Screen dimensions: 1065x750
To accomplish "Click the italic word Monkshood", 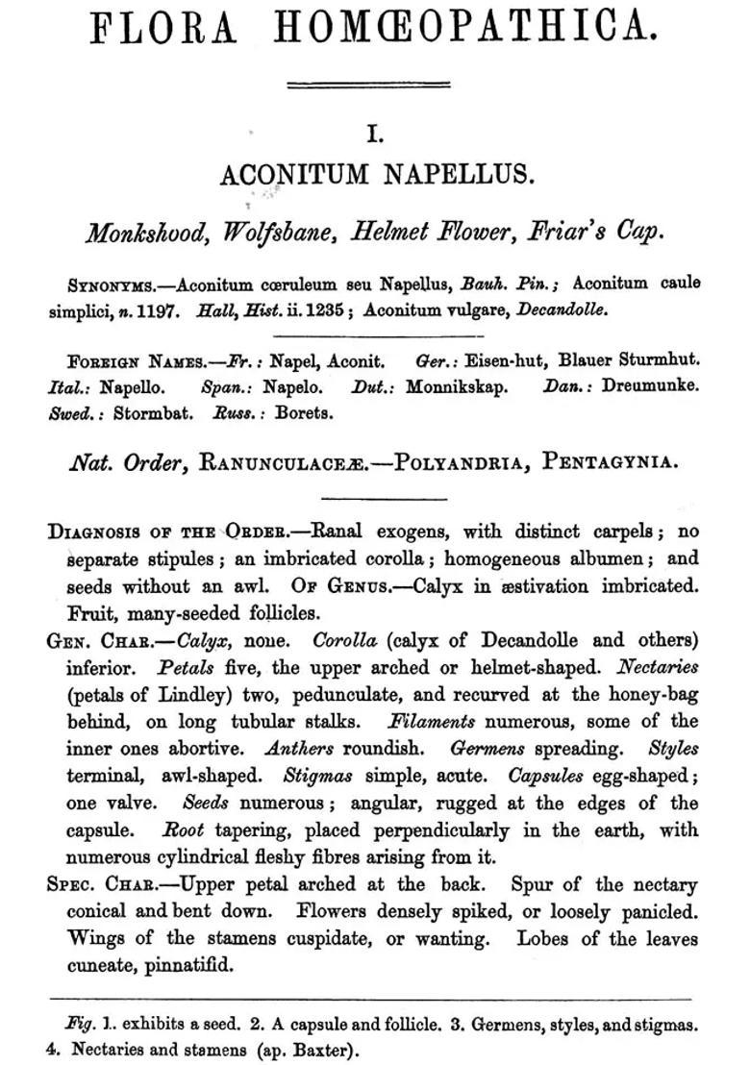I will (x=145, y=234).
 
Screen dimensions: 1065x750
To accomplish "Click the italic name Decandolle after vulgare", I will (x=562, y=310).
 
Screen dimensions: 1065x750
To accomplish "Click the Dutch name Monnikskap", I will (x=457, y=388).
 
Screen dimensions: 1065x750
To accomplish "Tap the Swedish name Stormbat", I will (x=153, y=414).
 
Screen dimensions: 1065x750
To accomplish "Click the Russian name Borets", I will (x=304, y=414).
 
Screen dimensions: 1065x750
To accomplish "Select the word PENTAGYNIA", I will (x=611, y=462).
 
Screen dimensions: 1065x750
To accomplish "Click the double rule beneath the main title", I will (x=368, y=85).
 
